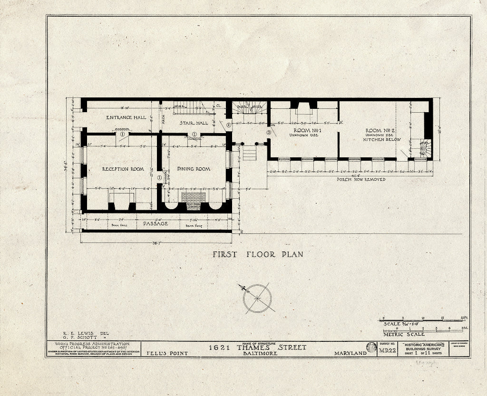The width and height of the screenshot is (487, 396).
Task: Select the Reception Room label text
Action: (x=123, y=169)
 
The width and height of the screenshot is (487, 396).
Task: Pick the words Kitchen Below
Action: (x=382, y=140)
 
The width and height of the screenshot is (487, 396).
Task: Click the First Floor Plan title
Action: (x=257, y=254)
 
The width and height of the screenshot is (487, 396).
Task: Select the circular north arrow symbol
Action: (x=257, y=298)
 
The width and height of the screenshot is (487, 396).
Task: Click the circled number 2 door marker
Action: (x=228, y=125)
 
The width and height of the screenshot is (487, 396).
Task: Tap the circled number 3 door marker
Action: (x=269, y=133)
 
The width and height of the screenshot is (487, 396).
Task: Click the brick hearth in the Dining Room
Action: (x=193, y=196)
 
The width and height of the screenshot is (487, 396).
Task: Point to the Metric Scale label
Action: (x=404, y=334)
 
